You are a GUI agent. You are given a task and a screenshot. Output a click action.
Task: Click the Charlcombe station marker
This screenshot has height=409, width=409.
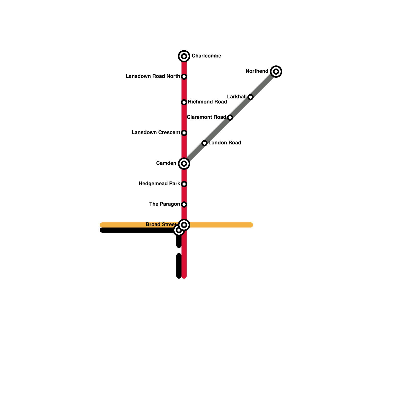tap(184, 56)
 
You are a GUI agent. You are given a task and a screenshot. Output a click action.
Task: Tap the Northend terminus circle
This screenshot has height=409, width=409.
tap(276, 72)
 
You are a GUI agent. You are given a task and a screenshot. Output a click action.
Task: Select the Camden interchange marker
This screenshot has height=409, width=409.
tap(184, 164)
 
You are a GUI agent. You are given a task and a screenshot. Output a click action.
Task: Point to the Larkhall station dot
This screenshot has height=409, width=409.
tap(251, 97)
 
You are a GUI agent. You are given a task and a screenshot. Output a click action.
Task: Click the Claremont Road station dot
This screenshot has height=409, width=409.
tap(230, 118)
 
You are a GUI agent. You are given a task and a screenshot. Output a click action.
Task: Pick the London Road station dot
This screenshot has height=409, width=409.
tap(204, 143)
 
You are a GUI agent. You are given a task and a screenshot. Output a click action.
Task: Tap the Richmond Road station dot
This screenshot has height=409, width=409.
tap(184, 102)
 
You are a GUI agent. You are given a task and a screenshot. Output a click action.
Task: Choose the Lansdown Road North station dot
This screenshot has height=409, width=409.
tap(184, 77)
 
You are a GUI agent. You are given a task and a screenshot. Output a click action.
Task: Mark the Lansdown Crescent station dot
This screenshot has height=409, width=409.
tap(184, 133)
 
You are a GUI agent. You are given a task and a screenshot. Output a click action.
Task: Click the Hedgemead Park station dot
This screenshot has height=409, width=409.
tap(184, 184)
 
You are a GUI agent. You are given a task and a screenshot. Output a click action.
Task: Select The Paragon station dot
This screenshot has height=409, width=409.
tap(184, 204)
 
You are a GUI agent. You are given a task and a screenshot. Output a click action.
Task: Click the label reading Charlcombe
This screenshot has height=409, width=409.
tap(206, 56)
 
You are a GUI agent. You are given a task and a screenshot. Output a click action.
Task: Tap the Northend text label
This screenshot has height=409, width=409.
tap(257, 71)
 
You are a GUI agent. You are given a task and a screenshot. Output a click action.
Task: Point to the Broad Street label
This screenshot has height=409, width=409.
tap(161, 224)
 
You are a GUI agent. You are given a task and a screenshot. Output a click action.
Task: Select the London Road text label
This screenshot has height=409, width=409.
tap(225, 143)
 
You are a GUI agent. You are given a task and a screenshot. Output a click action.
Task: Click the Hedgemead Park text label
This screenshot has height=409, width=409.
tap(159, 184)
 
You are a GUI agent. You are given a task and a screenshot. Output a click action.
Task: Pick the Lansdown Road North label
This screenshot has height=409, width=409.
tap(153, 76)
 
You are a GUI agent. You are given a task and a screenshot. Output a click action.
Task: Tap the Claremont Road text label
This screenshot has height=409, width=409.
tap(206, 117)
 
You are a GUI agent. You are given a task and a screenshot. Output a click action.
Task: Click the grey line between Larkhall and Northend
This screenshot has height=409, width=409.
tap(263, 84)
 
